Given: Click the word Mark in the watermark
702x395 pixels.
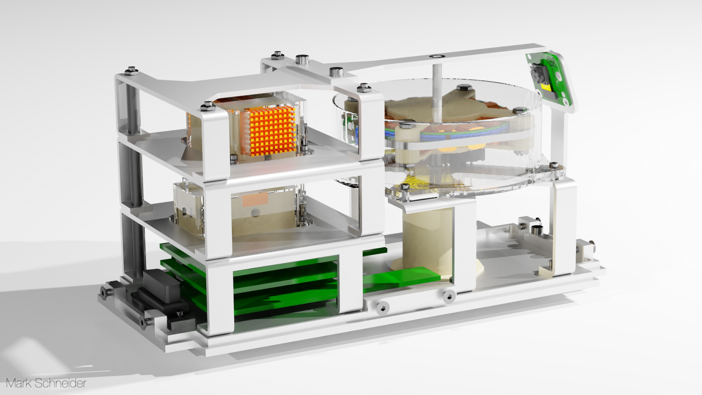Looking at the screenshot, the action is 19,383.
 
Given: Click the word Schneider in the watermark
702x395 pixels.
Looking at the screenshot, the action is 61,383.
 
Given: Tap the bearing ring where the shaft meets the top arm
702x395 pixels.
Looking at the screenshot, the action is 436,56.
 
